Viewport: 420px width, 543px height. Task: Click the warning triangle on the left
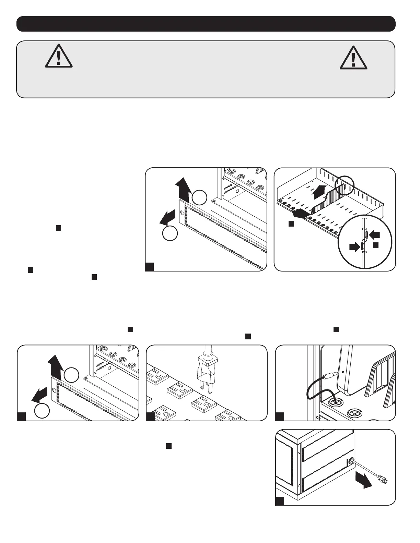pyautogui.click(x=59, y=57)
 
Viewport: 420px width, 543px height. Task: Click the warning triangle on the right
pyautogui.click(x=353, y=58)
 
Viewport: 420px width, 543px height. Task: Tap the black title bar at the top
pyautogui.click(x=206, y=24)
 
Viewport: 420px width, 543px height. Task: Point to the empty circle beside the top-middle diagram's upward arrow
pyautogui.click(x=199, y=198)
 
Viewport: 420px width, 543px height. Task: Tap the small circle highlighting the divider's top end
pyautogui.click(x=343, y=185)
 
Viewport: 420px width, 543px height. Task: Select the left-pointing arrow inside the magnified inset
pyautogui.click(x=375, y=235)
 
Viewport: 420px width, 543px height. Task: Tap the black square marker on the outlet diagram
pyautogui.click(x=150, y=417)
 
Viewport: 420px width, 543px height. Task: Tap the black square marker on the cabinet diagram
pyautogui.click(x=280, y=501)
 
